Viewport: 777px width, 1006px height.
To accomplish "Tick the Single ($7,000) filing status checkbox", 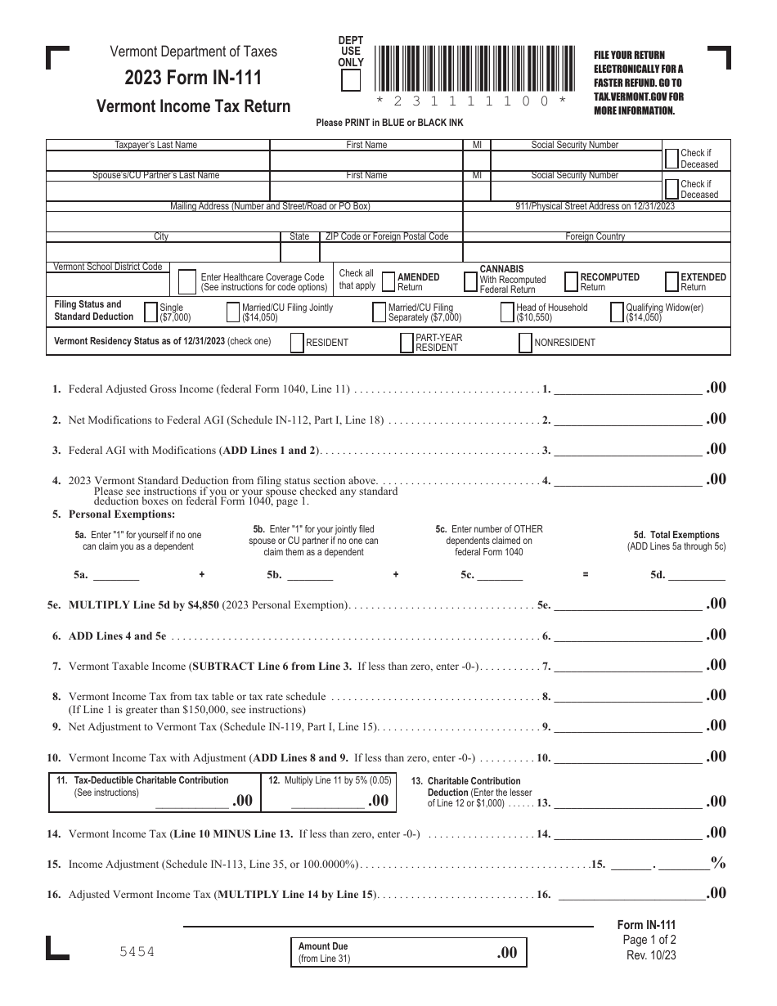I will pyautogui.click(x=150, y=312).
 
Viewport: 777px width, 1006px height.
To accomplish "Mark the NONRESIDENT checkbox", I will pyautogui.click(x=525, y=344).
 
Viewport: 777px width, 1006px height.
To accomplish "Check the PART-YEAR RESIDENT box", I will pyautogui.click(x=406, y=344).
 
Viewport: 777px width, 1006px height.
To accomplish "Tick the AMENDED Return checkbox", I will pyautogui.click(x=388, y=282).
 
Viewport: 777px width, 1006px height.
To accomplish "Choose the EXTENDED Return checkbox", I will pyautogui.click(x=671, y=282).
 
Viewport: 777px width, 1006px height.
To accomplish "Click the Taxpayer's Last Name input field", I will pyautogui.click(x=157, y=160).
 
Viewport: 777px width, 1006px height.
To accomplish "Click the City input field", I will pyautogui.click(x=162, y=251).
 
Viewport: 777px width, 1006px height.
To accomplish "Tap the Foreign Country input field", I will pyautogui.click(x=596, y=251).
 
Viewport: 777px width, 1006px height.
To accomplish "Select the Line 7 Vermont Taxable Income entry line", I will pyautogui.click(x=627, y=666).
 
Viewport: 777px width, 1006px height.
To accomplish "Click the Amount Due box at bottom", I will pyautogui.click(x=408, y=952).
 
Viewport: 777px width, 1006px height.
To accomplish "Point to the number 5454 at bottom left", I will pyautogui.click(x=136, y=952).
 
